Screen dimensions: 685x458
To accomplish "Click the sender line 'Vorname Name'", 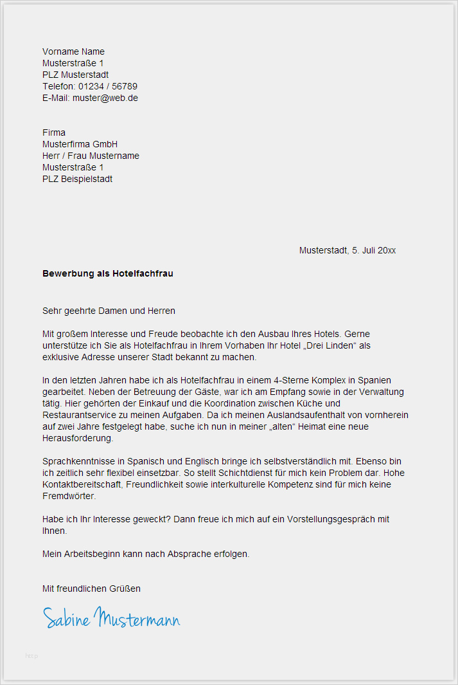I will coord(73,51).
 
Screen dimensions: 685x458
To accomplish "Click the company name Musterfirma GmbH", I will coord(80,144).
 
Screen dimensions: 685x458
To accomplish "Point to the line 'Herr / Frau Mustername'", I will coord(91,156).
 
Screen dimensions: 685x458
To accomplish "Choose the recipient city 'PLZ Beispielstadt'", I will coord(77,179).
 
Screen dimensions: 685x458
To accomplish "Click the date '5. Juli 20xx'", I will coord(374,250).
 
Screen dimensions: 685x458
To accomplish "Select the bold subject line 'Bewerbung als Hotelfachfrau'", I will coord(108,273).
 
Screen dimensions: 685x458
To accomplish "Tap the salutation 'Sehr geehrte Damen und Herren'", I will coord(109,311).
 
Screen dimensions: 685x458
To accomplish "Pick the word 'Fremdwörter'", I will coord(69,496).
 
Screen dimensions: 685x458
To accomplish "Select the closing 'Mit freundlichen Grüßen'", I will coord(91,589).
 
